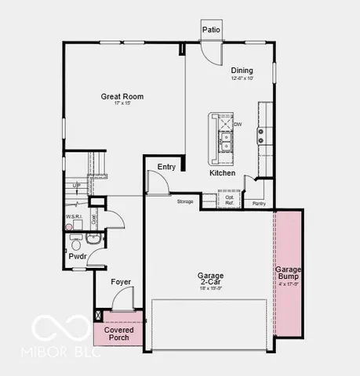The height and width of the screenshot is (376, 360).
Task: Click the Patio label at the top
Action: click(211, 30)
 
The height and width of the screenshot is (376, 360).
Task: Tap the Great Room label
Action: click(122, 97)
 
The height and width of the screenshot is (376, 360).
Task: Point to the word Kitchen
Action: click(222, 172)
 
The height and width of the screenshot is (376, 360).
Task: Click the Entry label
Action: click(166, 166)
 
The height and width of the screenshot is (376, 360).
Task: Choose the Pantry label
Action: click(258, 203)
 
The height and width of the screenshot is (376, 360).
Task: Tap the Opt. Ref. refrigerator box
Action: click(230, 200)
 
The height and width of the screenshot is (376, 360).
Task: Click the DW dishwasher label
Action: click(238, 124)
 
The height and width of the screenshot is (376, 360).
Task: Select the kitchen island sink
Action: click(225, 140)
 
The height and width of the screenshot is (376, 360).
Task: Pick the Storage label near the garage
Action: click(185, 201)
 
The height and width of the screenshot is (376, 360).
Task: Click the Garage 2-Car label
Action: click(209, 279)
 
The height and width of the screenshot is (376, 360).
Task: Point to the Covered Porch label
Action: click(118, 333)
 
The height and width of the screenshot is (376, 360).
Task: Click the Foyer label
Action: click(120, 281)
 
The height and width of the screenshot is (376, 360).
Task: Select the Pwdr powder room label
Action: click(78, 255)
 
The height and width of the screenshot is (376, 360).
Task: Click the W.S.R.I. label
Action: click(75, 217)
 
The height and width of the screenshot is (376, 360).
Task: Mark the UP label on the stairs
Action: click(76, 186)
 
